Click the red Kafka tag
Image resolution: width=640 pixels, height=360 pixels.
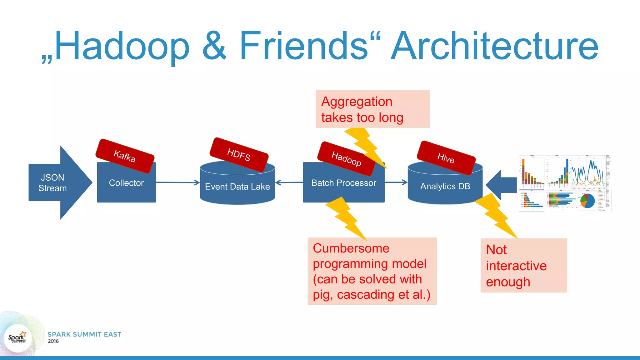pos(125,156)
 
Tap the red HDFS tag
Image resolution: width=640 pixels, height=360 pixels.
pos(239,154)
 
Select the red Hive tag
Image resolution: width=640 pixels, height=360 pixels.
pos(446,158)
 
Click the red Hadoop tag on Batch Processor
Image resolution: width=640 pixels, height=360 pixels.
pos(346,158)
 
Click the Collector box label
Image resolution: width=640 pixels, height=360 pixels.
pos(126,183)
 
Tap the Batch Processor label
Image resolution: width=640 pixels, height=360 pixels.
pos(344,183)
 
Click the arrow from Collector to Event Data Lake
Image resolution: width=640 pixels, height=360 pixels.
pos(177,182)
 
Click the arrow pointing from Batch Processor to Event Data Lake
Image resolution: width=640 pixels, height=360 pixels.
pos(289,182)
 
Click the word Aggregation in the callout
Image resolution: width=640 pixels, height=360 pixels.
pos(357,102)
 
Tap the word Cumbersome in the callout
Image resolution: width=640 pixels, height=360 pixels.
pos(351,248)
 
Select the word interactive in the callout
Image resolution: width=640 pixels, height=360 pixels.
pos(516,266)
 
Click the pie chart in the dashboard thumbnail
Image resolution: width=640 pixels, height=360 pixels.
pos(587,201)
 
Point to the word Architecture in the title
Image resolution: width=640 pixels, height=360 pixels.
pos(494,46)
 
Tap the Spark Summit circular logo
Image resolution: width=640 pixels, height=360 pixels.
pos(17,338)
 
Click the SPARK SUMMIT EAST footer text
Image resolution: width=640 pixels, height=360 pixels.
pos(84,334)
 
